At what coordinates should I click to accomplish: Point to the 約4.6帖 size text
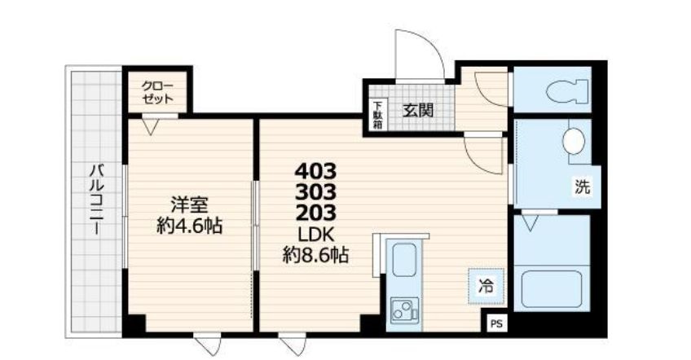click(190, 225)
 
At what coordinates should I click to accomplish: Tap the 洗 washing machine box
click(583, 186)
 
